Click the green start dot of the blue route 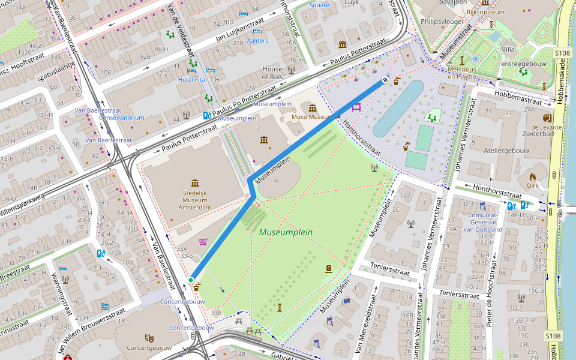[x=191, y=280]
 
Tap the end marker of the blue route [x=385, y=79]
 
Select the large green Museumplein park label [x=286, y=232]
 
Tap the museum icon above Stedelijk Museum [x=194, y=182]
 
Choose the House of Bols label [x=272, y=73]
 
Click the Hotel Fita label [x=192, y=79]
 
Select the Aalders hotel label [x=257, y=41]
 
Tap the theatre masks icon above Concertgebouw [x=149, y=338]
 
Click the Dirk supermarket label [x=533, y=185]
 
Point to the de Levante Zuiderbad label [x=546, y=131]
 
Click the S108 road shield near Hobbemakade [x=562, y=53]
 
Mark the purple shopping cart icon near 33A [x=203, y=242]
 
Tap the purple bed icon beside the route [x=356, y=107]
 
